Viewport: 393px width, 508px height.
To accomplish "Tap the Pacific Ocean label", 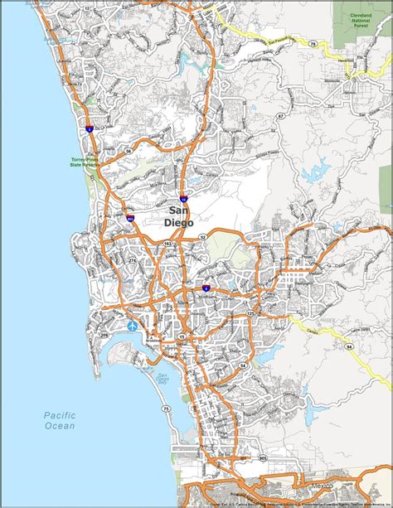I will [x=61, y=420].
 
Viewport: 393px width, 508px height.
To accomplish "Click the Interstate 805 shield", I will [x=132, y=219].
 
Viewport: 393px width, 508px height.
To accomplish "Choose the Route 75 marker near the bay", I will [x=165, y=409].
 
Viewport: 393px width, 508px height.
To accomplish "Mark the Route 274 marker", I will [x=130, y=259].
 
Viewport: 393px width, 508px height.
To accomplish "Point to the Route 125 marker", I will [x=248, y=312].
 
